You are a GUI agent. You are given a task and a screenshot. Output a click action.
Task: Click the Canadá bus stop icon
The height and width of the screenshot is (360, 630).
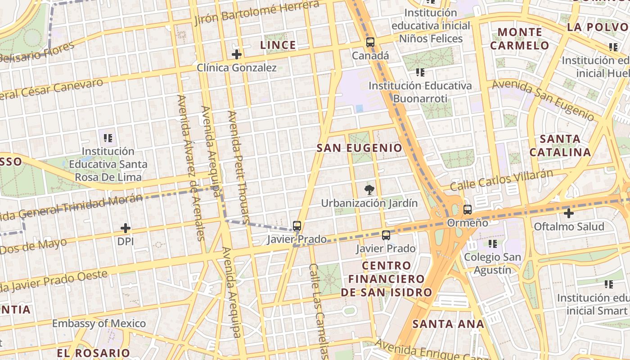[x=370, y=43]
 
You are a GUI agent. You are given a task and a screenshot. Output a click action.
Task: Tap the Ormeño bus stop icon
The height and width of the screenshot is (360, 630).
[x=468, y=210]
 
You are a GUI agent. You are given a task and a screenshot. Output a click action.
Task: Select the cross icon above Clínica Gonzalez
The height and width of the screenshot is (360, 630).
[x=237, y=55]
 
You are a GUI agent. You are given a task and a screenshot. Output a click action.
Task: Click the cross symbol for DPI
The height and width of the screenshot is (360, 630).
[x=126, y=229]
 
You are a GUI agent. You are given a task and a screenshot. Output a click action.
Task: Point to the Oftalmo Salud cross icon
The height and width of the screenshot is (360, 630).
[x=569, y=213]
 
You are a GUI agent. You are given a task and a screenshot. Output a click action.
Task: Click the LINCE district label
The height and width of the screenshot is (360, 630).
[x=278, y=45]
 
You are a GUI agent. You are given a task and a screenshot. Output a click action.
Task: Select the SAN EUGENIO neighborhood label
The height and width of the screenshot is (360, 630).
[x=360, y=148]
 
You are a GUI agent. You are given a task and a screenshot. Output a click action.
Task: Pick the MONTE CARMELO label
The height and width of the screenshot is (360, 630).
[x=520, y=39]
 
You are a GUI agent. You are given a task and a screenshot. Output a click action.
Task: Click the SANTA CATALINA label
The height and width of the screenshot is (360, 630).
[x=560, y=145]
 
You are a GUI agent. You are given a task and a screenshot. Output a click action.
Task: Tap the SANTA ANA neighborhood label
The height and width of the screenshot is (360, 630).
[x=448, y=324]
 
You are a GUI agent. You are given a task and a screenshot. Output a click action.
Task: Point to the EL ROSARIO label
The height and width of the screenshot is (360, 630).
[x=94, y=353]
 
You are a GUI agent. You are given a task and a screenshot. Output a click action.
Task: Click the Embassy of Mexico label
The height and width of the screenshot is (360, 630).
[x=99, y=324]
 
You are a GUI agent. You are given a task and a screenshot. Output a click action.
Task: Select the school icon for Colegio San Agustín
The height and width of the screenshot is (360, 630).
[x=493, y=244]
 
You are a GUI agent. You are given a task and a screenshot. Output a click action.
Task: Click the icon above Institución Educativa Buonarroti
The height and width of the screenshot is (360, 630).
[x=420, y=72]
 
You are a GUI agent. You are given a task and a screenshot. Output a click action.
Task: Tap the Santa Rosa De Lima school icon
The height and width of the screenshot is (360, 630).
[x=108, y=138]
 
